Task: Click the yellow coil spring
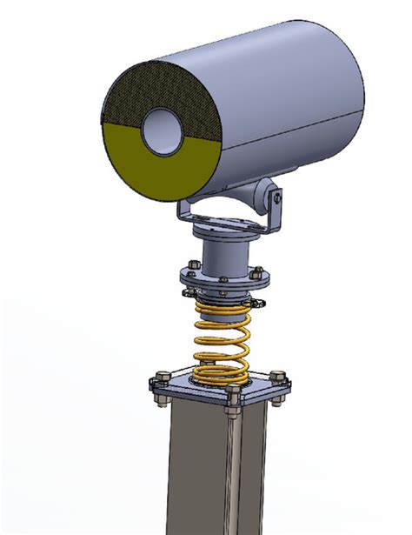tap(223, 339)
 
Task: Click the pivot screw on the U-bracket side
tap(276, 197)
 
